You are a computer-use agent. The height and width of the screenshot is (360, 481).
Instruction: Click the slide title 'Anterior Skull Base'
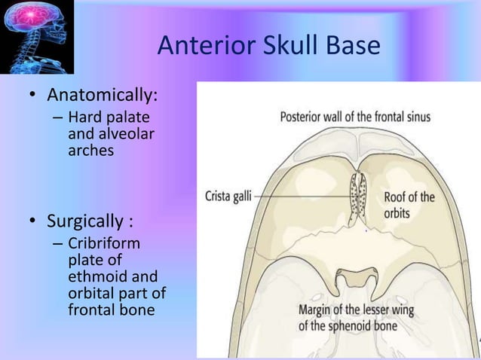pos(268,47)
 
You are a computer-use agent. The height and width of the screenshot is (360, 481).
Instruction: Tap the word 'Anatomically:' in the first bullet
pos(103,97)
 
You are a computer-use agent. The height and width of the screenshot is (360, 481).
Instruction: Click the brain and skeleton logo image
pos(37,37)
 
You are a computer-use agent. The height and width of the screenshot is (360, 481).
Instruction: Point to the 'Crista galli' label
pos(228,197)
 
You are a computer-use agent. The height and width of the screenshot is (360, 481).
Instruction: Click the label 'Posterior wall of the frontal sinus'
pos(355,117)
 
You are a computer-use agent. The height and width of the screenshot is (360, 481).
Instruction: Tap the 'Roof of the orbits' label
pos(409,205)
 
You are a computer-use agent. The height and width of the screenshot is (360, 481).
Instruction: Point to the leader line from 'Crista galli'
pos(302,197)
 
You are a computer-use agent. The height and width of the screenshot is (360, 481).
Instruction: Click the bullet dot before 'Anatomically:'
pos(33,98)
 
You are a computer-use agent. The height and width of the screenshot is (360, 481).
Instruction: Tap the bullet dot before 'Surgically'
pos(33,223)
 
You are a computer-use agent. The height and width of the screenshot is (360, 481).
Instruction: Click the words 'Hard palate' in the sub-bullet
pos(108,117)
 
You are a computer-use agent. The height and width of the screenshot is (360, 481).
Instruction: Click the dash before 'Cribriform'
pos(58,244)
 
